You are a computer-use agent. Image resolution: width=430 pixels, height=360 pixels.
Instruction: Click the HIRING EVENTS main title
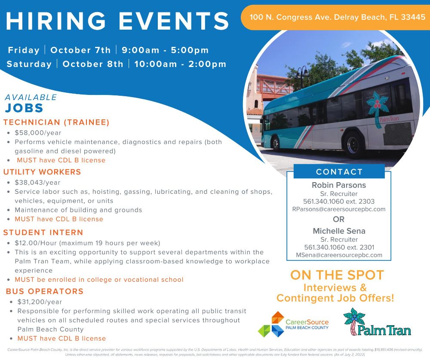click(x=117, y=21)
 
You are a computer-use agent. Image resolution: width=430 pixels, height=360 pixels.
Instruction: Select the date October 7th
click(x=80, y=50)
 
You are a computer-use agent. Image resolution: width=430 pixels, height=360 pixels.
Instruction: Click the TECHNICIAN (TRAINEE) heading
click(x=56, y=122)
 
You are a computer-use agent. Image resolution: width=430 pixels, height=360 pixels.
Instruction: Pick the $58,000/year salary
click(x=38, y=133)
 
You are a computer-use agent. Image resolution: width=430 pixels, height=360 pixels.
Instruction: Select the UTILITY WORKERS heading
click(x=42, y=172)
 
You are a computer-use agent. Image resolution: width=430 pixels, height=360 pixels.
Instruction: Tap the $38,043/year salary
click(x=38, y=182)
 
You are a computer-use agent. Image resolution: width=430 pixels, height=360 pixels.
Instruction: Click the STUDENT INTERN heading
click(x=43, y=233)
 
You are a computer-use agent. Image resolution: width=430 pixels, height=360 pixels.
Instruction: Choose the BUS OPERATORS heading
click(x=45, y=291)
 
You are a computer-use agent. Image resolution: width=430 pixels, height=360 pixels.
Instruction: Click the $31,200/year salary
click(x=40, y=302)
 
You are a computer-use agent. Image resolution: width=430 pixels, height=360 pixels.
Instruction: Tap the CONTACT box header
click(x=339, y=172)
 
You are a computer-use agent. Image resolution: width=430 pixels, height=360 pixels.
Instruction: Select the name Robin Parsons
click(x=339, y=185)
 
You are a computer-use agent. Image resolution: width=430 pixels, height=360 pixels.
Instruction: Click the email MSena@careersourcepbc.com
click(x=339, y=255)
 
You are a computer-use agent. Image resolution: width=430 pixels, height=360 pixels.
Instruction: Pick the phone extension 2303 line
click(x=339, y=201)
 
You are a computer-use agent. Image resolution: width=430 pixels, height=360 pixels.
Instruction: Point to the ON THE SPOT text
click(x=337, y=275)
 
